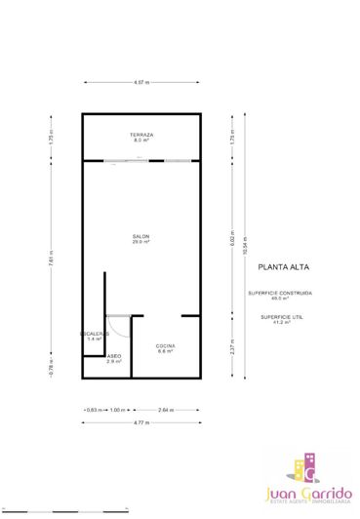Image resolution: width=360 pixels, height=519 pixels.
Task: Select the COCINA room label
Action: (x=165, y=347)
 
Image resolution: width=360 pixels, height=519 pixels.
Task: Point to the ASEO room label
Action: (x=114, y=358)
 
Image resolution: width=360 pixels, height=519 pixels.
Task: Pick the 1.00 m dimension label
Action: (x=117, y=410)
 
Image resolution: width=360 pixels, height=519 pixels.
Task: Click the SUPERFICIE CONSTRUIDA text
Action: (x=280, y=295)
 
